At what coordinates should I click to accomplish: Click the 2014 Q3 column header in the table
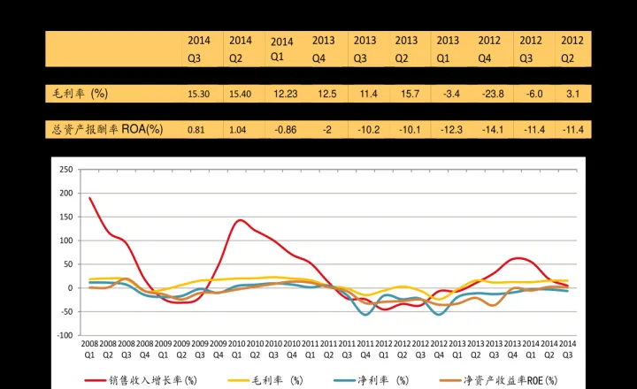coord(198,49)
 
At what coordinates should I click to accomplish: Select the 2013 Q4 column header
coord(323,49)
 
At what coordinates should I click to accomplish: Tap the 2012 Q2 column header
coord(572,49)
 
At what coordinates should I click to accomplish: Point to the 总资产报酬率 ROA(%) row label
coord(104,129)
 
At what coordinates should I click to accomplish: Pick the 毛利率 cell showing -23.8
coord(489,94)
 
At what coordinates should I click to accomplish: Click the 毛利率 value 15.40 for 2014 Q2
coord(240,94)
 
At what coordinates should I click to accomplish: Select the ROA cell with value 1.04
coord(237,130)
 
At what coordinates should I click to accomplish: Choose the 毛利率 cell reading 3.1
coord(572,94)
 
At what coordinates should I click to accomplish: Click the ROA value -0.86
coord(284,130)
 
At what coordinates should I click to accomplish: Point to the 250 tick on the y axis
coord(65,170)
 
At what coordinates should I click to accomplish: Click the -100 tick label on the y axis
coord(63,336)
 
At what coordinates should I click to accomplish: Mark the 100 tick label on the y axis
coord(65,240)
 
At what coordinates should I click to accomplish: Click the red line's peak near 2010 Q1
coord(240,220)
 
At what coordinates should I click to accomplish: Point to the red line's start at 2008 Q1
coord(89,197)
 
